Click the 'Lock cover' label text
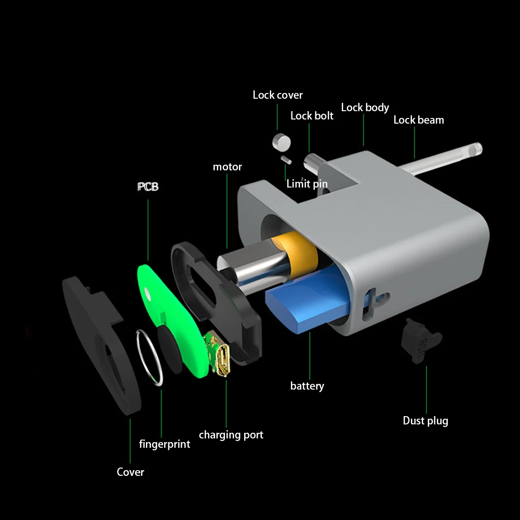[277, 95]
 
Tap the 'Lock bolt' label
[312, 116]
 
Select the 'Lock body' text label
[365, 108]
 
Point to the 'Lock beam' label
[419, 120]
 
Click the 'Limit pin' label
[307, 184]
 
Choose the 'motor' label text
[227, 167]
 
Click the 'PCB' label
[148, 186]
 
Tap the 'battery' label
[307, 386]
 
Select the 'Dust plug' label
[425, 421]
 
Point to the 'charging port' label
[231, 435]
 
